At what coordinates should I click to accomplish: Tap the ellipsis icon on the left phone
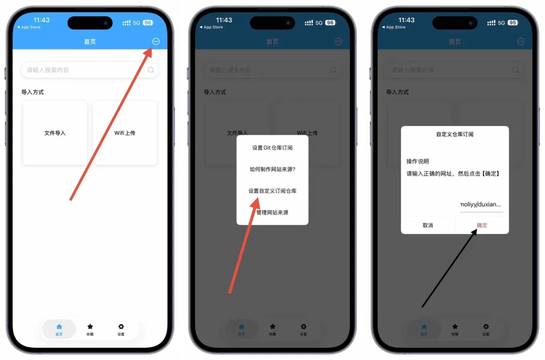[155, 41]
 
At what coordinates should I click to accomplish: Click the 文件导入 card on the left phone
[55, 133]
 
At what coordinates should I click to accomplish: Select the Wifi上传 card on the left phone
[125, 133]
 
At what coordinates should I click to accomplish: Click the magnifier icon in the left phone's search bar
[151, 70]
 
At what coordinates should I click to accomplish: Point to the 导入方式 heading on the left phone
[32, 92]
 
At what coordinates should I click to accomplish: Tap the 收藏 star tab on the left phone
[90, 329]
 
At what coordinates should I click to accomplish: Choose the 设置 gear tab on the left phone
[121, 329]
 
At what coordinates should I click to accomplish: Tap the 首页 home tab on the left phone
[59, 329]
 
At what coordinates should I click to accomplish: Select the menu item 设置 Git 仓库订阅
[272, 148]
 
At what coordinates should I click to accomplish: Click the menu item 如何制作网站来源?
[272, 169]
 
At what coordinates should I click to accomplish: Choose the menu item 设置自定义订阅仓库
[272, 191]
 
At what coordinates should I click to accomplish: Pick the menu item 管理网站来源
[272, 213]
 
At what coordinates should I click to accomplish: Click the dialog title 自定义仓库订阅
[455, 135]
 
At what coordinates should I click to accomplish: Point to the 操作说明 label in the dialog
[417, 161]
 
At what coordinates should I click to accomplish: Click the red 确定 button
[482, 225]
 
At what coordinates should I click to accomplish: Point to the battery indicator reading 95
[512, 23]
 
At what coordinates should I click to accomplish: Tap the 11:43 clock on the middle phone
[224, 20]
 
